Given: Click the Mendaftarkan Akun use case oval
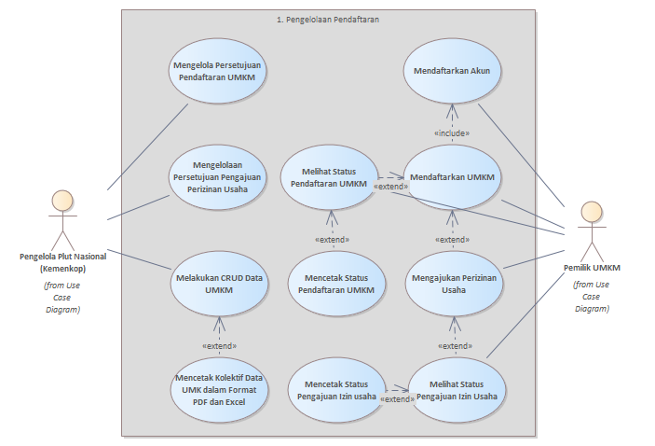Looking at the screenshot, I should coord(453,70).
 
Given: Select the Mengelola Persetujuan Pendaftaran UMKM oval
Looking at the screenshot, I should coord(217,72).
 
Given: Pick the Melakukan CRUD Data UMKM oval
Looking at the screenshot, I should coord(217,283).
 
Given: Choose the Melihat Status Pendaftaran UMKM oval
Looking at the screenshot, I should coord(334,178).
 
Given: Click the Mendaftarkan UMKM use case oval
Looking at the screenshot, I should coord(453,177).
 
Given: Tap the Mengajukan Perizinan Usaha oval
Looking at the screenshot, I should coord(453,283).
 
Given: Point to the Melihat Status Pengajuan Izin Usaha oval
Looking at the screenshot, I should coord(457,390).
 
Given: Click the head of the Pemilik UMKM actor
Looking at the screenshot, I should coord(589,212).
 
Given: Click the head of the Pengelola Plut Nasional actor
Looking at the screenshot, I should coord(62,201).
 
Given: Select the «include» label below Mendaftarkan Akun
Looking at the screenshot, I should coord(452,133).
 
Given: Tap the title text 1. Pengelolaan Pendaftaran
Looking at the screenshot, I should coord(328,19).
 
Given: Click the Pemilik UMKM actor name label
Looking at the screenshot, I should coord(592,268).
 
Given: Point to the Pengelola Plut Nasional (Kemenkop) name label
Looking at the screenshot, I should coord(62,262).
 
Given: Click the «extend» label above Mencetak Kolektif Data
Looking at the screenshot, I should coord(219,345).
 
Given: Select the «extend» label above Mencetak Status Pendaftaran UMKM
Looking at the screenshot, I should coord(333,240).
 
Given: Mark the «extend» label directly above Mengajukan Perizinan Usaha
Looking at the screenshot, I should coord(453,240).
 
